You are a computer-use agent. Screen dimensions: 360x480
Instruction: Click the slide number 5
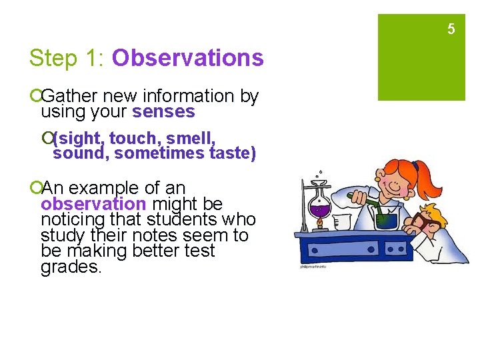pos(451,29)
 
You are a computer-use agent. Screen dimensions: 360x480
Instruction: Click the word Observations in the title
pos(188,58)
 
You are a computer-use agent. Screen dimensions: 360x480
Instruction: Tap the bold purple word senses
pos(163,112)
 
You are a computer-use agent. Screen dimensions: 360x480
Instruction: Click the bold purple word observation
pos(93,204)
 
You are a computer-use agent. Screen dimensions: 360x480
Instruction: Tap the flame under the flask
pos(320,225)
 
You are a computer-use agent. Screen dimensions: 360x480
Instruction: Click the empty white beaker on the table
pos(341,220)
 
